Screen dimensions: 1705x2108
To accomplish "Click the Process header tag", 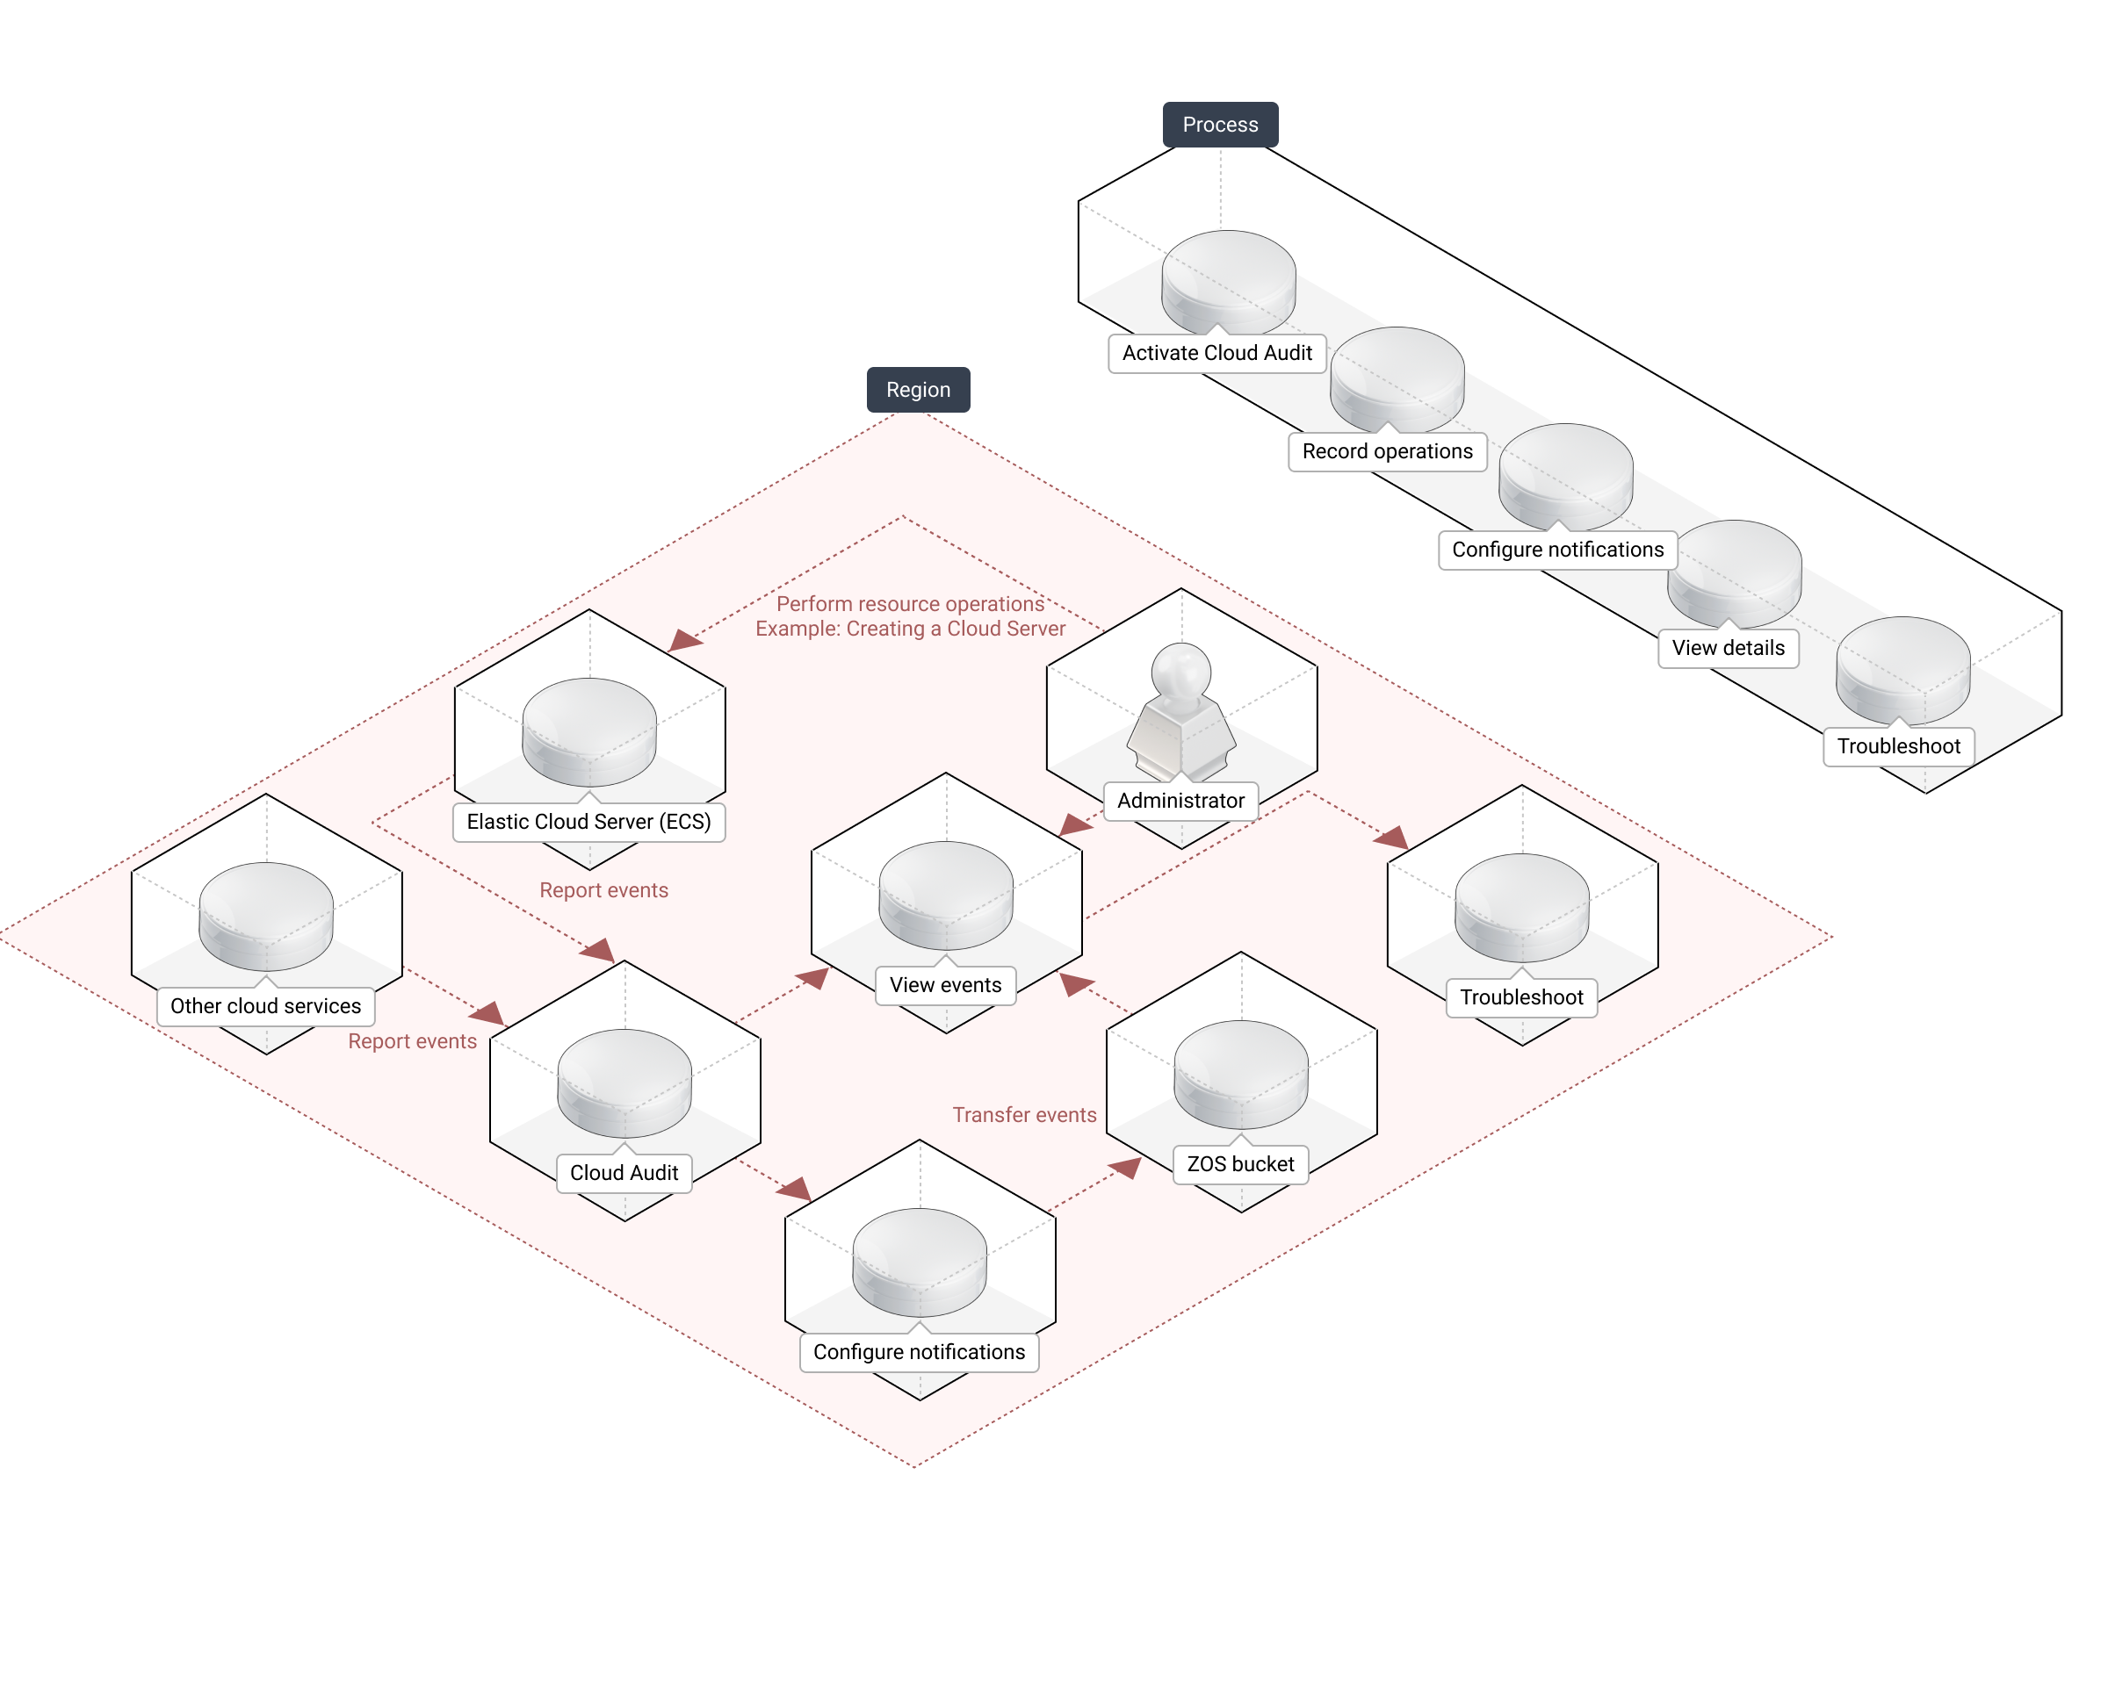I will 1220,125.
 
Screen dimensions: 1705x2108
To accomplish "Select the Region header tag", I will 918,390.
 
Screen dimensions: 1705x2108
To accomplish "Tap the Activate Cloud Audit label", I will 1217,354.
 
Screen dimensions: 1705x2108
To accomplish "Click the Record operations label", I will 1387,452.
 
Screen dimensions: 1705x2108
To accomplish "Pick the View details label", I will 1728,648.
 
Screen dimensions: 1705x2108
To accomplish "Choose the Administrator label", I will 1180,802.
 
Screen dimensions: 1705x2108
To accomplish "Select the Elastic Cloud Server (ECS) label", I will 588,822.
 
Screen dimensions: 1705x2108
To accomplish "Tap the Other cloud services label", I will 265,1007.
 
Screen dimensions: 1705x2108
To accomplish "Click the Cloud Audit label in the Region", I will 624,1174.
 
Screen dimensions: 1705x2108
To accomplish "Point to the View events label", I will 945,985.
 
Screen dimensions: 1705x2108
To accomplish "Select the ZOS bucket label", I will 1239,1165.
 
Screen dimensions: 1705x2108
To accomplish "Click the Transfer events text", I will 1023,1116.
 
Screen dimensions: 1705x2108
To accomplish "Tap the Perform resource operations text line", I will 910,604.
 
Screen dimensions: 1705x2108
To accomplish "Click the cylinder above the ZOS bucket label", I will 1240,1074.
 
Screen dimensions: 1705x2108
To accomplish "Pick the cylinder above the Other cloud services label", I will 266,916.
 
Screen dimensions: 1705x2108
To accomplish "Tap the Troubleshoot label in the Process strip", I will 1898,746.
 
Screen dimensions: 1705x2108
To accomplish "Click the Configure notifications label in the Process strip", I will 1557,550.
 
